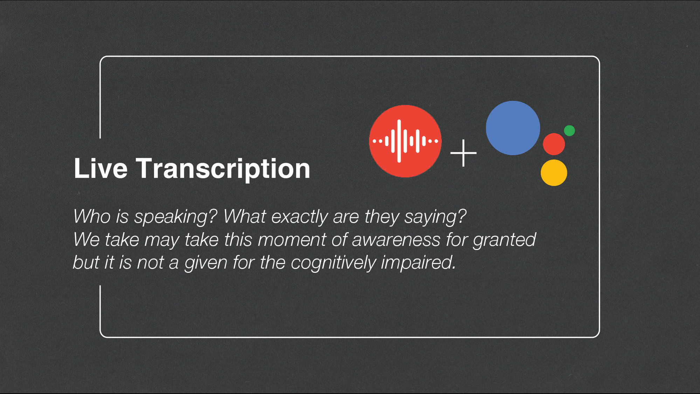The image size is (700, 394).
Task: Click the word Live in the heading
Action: pyautogui.click(x=101, y=168)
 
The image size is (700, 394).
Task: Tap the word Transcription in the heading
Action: pyautogui.click(x=223, y=169)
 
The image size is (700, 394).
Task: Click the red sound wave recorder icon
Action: pyautogui.click(x=405, y=141)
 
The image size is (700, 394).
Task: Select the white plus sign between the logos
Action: pyautogui.click(x=463, y=153)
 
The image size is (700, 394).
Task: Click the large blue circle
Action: pyautogui.click(x=513, y=128)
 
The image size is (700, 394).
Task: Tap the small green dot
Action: pyautogui.click(x=569, y=131)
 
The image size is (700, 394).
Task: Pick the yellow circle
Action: pyautogui.click(x=554, y=173)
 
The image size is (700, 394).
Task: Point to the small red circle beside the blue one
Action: pyautogui.click(x=554, y=144)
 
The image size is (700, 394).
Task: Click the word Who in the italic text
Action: pyautogui.click(x=92, y=216)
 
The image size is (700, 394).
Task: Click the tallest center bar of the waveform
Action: pyautogui.click(x=399, y=141)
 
